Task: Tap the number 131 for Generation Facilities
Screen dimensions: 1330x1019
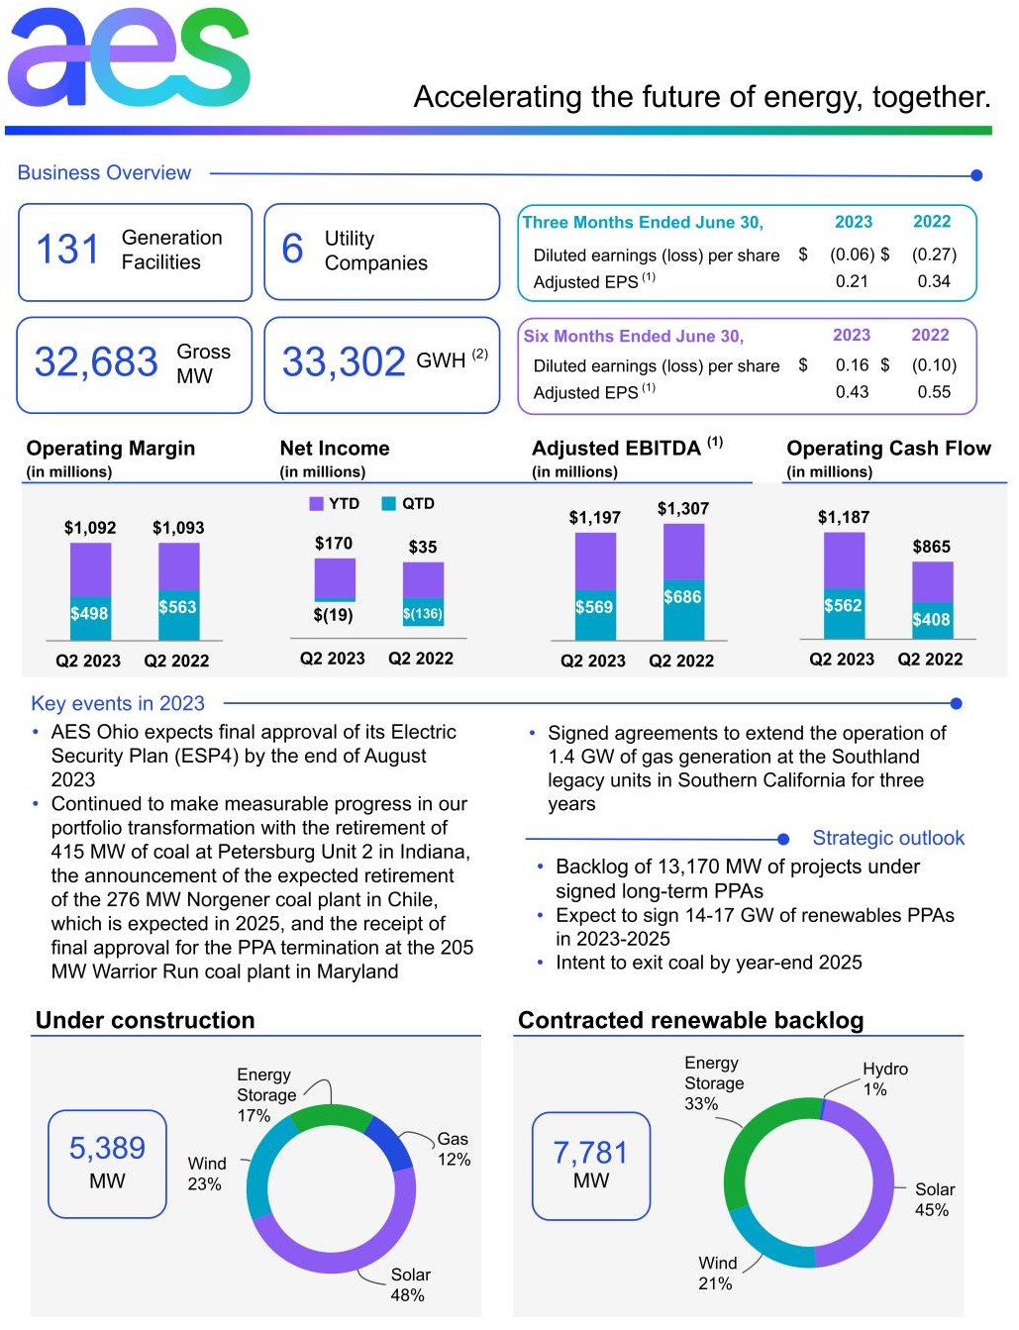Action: click(x=67, y=250)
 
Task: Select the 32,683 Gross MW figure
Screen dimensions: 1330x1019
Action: click(x=96, y=362)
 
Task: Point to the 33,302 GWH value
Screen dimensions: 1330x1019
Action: click(x=344, y=362)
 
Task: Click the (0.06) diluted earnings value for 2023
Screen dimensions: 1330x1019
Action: click(x=852, y=255)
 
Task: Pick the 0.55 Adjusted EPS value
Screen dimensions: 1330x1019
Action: click(x=933, y=392)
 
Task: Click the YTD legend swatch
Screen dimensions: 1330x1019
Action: click(x=317, y=504)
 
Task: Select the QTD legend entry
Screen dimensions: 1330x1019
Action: click(x=408, y=504)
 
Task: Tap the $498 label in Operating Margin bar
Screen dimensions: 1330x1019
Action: click(x=89, y=614)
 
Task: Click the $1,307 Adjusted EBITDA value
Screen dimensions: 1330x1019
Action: click(x=682, y=509)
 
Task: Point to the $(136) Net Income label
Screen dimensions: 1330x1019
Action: click(x=423, y=614)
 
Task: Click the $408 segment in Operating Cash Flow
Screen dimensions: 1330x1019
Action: click(x=931, y=620)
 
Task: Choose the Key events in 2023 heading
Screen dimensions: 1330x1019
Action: click(x=118, y=704)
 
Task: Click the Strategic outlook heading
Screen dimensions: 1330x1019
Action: click(x=887, y=839)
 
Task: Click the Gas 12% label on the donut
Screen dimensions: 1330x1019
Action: click(x=454, y=1150)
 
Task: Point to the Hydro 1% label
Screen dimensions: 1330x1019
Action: click(x=884, y=1079)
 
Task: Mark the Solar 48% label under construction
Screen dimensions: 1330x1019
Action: click(x=409, y=1285)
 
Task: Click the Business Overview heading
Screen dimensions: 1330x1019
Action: click(x=104, y=173)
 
